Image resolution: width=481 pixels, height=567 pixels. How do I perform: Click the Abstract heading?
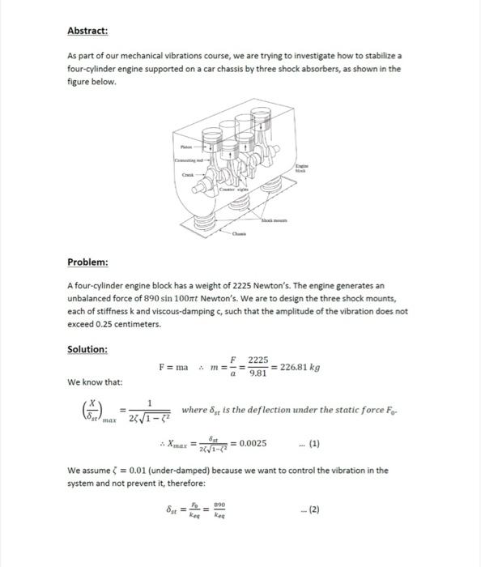point(87,31)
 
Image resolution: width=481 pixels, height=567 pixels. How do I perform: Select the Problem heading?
point(87,262)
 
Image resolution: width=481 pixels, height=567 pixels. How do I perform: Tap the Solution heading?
point(87,349)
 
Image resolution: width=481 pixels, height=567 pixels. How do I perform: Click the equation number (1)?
point(314,444)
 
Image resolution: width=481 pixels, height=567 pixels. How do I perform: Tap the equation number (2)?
point(314,510)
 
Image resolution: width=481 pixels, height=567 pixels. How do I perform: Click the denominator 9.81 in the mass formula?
point(257,374)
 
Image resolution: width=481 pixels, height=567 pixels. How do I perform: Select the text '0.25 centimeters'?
point(103,324)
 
